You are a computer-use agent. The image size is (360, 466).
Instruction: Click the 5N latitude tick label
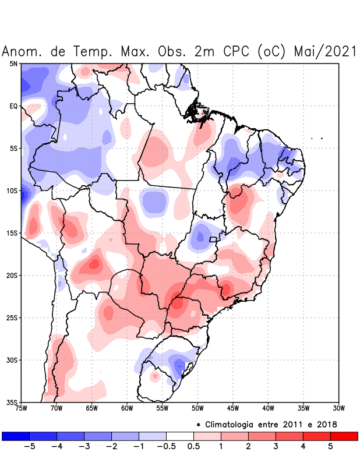tap(13, 63)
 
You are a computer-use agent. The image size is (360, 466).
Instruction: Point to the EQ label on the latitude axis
tap(13, 106)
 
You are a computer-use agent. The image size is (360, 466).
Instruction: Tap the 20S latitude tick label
tap(12, 275)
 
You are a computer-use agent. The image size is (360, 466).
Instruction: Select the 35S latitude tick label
tap(12, 402)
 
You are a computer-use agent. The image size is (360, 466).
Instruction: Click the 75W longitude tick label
tap(22, 408)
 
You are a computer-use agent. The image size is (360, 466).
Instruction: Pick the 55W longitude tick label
tap(163, 408)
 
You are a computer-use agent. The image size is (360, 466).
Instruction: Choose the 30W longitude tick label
tap(339, 408)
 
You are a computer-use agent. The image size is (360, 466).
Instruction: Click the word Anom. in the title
tap(23, 51)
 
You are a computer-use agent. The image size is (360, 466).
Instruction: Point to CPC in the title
tap(235, 51)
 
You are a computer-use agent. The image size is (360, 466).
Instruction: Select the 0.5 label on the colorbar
tap(193, 447)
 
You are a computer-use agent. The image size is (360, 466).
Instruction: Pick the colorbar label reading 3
tap(276, 447)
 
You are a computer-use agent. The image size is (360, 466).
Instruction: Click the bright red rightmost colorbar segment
tap(344, 436)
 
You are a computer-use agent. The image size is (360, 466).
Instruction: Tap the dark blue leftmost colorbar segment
tap(16, 436)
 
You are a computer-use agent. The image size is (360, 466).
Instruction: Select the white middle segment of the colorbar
tap(180, 436)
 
